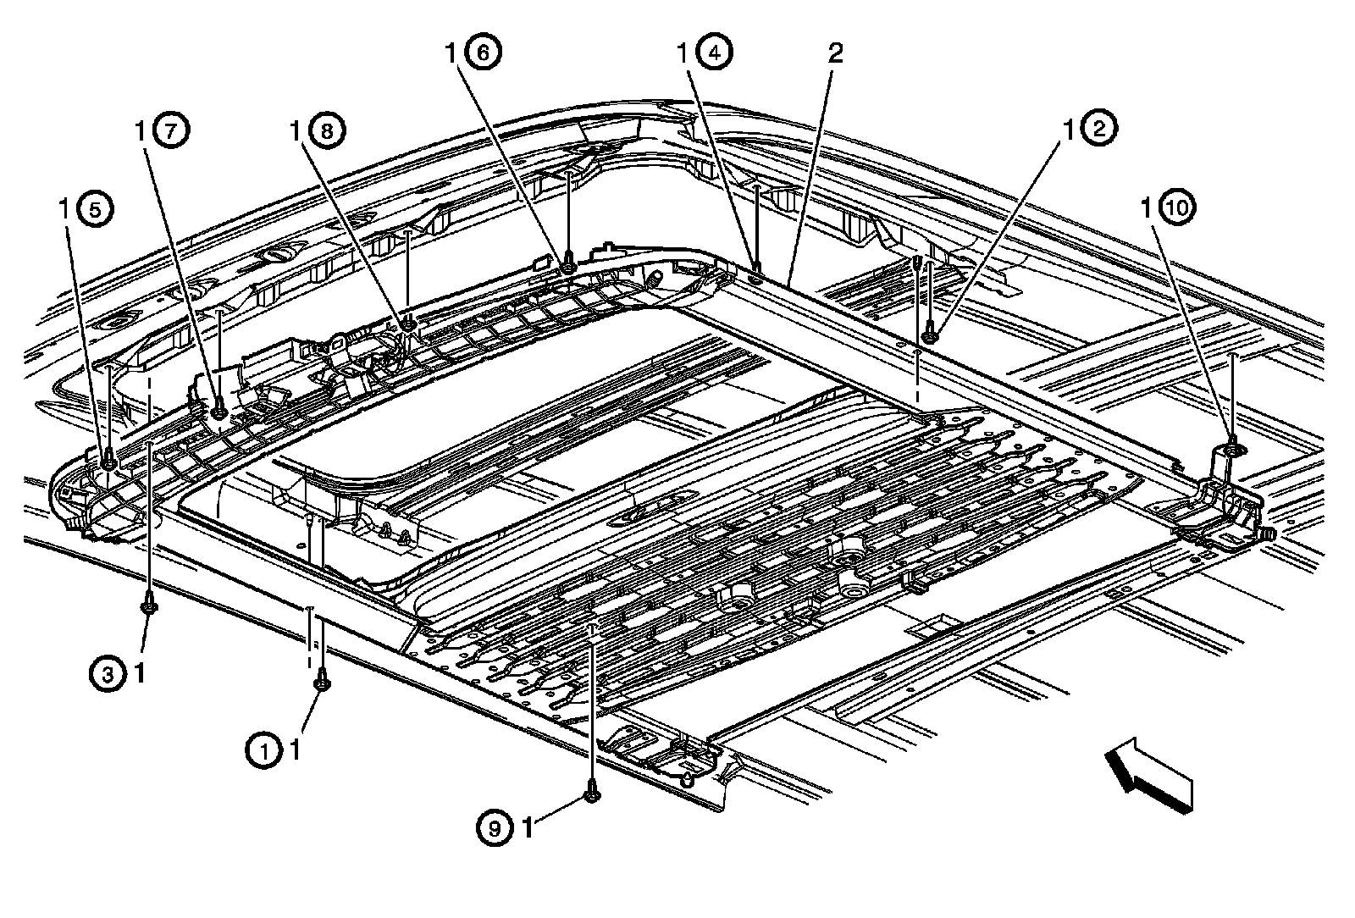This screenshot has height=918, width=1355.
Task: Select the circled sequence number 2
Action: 1099,130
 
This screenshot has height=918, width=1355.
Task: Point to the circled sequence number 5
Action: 93,210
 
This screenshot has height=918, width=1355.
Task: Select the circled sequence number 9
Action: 495,827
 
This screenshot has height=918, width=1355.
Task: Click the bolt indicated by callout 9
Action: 592,795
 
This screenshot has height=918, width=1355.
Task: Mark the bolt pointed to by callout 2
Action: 930,336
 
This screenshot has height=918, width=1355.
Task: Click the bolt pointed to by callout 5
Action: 108,462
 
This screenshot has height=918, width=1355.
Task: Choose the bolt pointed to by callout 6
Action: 568,268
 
